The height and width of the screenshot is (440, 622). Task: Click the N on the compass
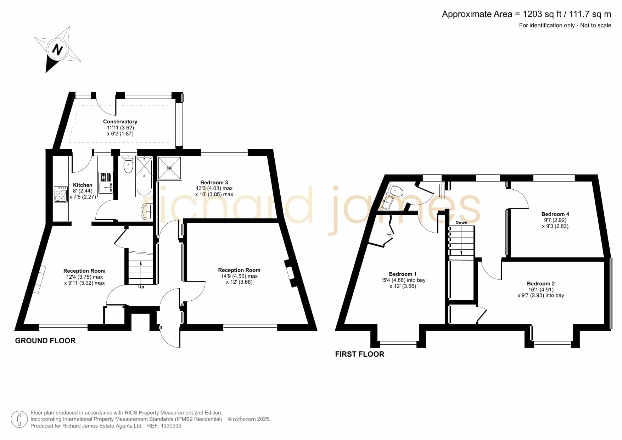click(x=57, y=49)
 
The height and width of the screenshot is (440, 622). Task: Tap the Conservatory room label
click(x=120, y=122)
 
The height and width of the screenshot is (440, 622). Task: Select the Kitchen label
click(x=83, y=185)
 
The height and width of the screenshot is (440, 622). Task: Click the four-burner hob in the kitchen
click(x=61, y=194)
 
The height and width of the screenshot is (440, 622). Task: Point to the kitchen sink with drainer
click(x=105, y=183)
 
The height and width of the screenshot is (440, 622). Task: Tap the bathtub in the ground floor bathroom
click(x=144, y=176)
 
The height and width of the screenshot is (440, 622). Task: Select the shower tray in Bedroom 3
click(x=169, y=168)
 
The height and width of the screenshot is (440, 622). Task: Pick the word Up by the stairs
click(x=141, y=287)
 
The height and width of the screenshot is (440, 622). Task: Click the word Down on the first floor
click(x=461, y=223)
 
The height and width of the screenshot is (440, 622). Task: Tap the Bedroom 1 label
click(x=403, y=274)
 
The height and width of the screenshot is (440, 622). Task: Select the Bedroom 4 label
click(x=555, y=214)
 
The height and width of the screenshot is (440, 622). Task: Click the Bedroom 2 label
click(x=541, y=284)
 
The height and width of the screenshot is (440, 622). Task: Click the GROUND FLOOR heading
click(x=45, y=341)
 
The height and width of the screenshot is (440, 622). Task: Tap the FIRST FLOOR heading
click(x=360, y=354)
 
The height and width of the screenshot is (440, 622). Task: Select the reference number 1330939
click(x=171, y=426)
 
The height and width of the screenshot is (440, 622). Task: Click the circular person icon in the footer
click(x=19, y=419)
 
